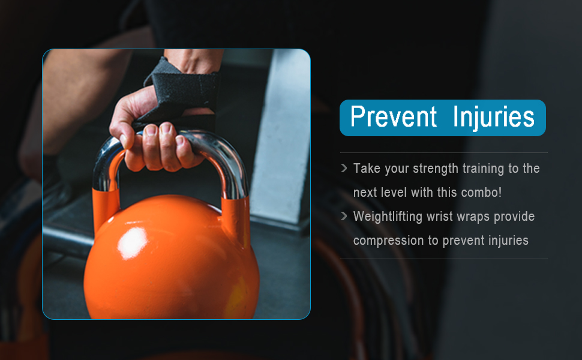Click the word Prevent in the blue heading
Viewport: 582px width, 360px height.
pyautogui.click(x=394, y=116)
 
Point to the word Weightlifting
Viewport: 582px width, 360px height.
pyautogui.click(x=388, y=217)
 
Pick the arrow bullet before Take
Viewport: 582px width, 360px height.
pyautogui.click(x=344, y=168)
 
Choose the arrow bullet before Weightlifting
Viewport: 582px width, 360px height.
pyautogui.click(x=344, y=216)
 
